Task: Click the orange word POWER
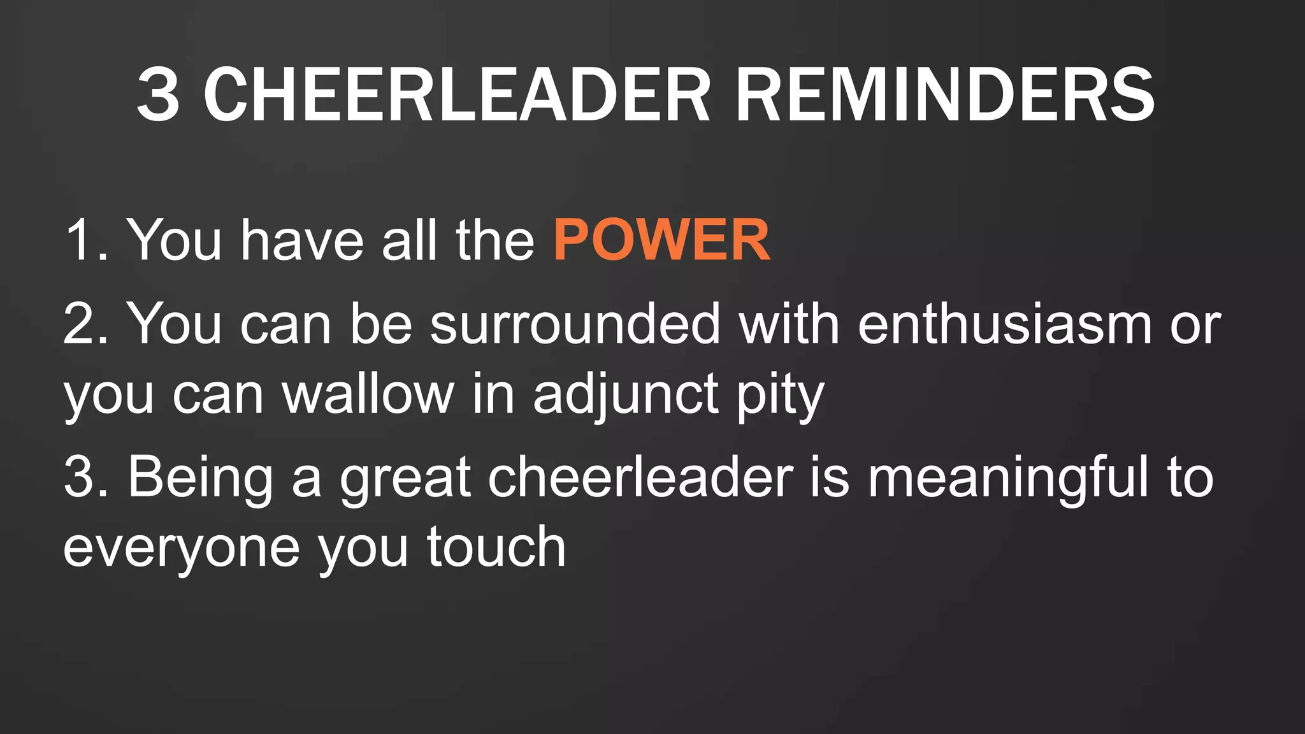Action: pos(661,240)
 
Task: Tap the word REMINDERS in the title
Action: pos(944,96)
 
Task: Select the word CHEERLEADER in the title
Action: pos(456,96)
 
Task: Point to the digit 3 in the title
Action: pos(157,96)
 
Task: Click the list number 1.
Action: pos(86,240)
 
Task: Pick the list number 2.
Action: pos(86,324)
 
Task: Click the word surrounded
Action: pos(575,324)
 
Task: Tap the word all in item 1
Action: pos(409,240)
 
